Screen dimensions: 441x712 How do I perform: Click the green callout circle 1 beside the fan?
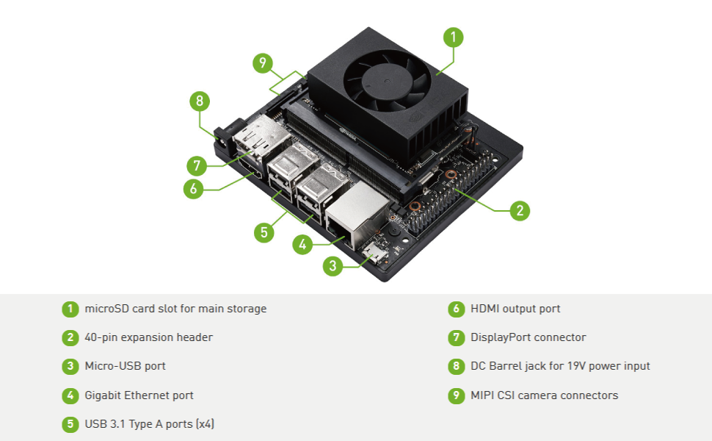454,37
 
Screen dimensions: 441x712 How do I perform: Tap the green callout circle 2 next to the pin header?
520,211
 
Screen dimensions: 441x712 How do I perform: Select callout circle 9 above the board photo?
263,63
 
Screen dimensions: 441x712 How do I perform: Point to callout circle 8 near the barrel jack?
198,101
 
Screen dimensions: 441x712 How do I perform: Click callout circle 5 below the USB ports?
264,233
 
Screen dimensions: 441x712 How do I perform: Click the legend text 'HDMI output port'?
515,309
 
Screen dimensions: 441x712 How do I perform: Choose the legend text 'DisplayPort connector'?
528,337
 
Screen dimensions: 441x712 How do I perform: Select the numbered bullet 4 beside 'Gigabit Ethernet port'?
70,395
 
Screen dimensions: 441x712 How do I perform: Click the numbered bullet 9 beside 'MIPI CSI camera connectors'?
457,395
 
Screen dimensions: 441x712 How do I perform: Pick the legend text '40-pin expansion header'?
148,337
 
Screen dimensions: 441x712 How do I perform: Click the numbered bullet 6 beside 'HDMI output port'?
457,309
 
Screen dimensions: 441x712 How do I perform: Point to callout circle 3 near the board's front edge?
333,266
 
